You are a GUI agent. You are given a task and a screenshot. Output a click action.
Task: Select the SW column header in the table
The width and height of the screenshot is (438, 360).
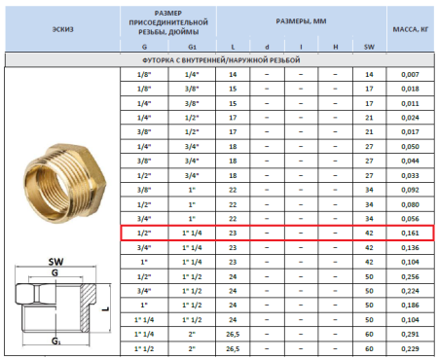coord(369,45)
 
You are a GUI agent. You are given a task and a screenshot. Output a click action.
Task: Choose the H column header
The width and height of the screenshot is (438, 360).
coord(335,45)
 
